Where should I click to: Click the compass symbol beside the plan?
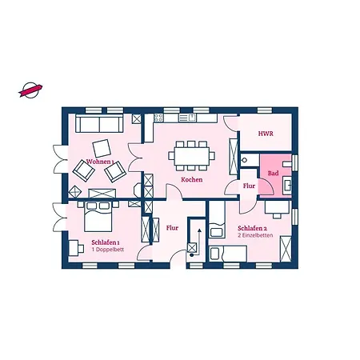point(30,90)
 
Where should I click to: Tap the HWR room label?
point(266,134)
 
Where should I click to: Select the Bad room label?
point(273,173)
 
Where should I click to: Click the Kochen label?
point(192,179)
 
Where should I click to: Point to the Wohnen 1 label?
point(100,162)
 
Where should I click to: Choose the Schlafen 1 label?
point(106,242)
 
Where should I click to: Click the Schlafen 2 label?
point(252,228)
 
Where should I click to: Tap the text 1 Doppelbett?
point(108,250)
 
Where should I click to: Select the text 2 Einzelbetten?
point(255,235)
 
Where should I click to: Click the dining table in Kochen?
point(192,156)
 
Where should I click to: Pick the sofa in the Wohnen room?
point(99,123)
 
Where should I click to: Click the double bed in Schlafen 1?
point(98,217)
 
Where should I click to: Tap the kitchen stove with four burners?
point(158,118)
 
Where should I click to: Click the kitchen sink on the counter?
point(187,118)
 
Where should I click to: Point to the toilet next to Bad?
point(245,160)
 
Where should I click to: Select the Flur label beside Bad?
point(249,186)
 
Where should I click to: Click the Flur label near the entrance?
point(172,228)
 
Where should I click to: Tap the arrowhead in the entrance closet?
point(199,230)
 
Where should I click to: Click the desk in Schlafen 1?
point(74,248)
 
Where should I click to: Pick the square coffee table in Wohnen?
point(102,148)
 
